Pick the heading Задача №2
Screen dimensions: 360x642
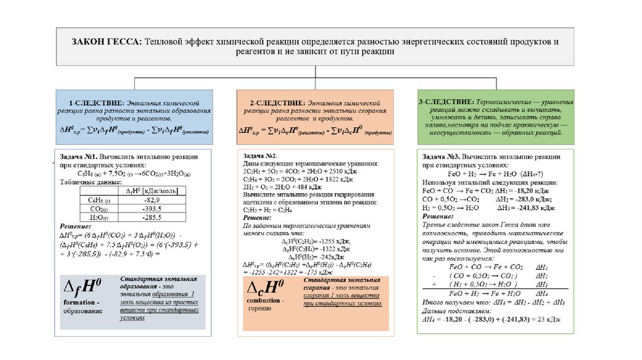coord(260,156)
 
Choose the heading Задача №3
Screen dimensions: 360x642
coord(442,157)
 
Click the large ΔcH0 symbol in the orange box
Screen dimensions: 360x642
coord(264,289)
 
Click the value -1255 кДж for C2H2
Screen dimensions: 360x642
coord(326,241)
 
